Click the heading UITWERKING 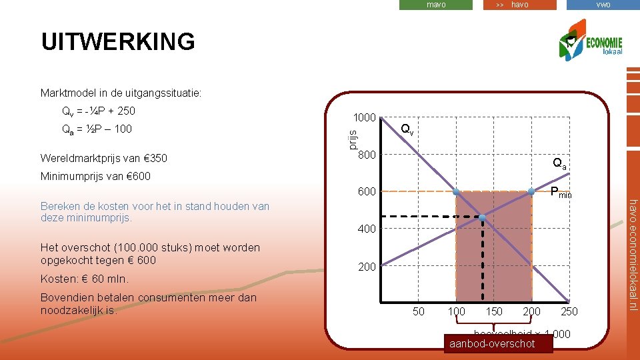click(118, 41)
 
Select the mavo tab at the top click(436, 5)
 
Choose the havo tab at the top click(519, 5)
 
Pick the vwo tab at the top click(603, 5)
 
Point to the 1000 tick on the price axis click(365, 117)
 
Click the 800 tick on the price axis click(367, 155)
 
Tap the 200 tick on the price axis click(367, 267)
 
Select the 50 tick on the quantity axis click(419, 311)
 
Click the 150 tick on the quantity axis click(494, 311)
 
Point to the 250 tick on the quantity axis click(569, 311)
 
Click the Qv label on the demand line click(407, 129)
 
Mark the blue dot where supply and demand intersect click(482, 217)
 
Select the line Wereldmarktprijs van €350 click(103, 158)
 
